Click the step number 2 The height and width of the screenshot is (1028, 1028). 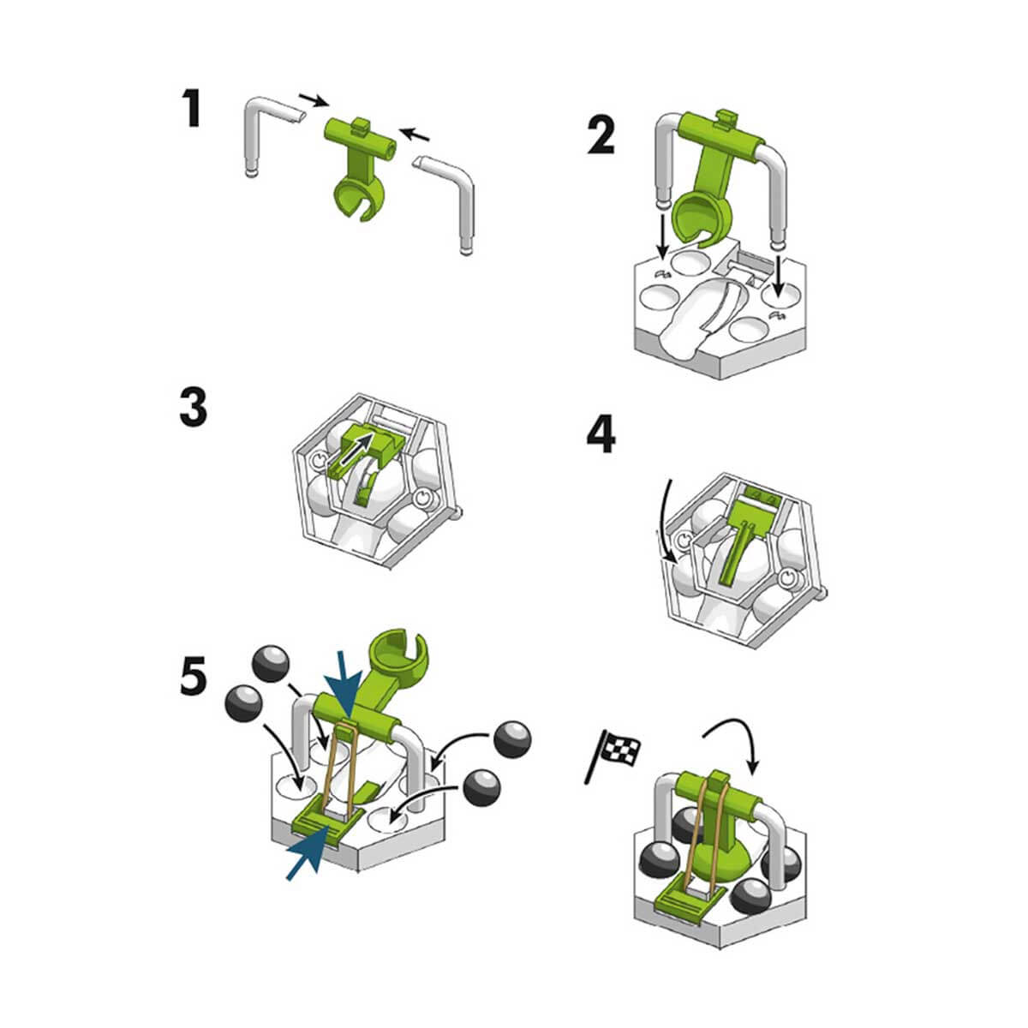click(x=601, y=135)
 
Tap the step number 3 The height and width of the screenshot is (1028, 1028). click(x=193, y=407)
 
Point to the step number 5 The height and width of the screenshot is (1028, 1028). click(x=193, y=676)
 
